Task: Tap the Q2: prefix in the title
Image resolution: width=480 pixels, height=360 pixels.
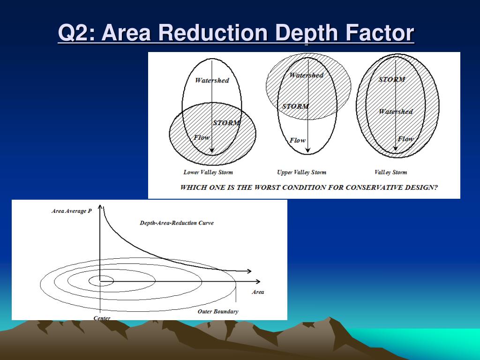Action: pyautogui.click(x=77, y=33)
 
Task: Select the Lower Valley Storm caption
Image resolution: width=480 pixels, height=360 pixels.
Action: pyautogui.click(x=208, y=172)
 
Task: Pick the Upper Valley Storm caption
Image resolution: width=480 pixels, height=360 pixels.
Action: pyautogui.click(x=301, y=172)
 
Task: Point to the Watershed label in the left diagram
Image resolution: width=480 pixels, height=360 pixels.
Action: pyautogui.click(x=212, y=80)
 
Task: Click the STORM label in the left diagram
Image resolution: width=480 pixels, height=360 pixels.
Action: pyautogui.click(x=226, y=123)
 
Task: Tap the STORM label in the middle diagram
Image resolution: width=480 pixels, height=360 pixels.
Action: pyautogui.click(x=295, y=106)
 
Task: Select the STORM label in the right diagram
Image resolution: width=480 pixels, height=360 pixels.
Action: pyautogui.click(x=391, y=79)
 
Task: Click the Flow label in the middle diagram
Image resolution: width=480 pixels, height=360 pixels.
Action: pyautogui.click(x=297, y=140)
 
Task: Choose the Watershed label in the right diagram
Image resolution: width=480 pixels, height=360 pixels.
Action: pyautogui.click(x=396, y=112)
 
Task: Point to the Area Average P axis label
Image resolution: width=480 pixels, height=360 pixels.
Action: pyautogui.click(x=71, y=211)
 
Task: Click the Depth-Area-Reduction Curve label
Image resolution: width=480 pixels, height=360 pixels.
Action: pyautogui.click(x=177, y=223)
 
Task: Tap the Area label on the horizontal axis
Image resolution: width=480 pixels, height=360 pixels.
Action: pyautogui.click(x=258, y=292)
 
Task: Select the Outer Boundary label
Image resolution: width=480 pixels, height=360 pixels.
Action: pyautogui.click(x=217, y=311)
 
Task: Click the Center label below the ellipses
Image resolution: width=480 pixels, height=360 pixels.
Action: pyautogui.click(x=102, y=318)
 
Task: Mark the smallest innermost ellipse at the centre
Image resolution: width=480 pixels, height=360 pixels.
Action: pyautogui.click(x=100, y=281)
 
